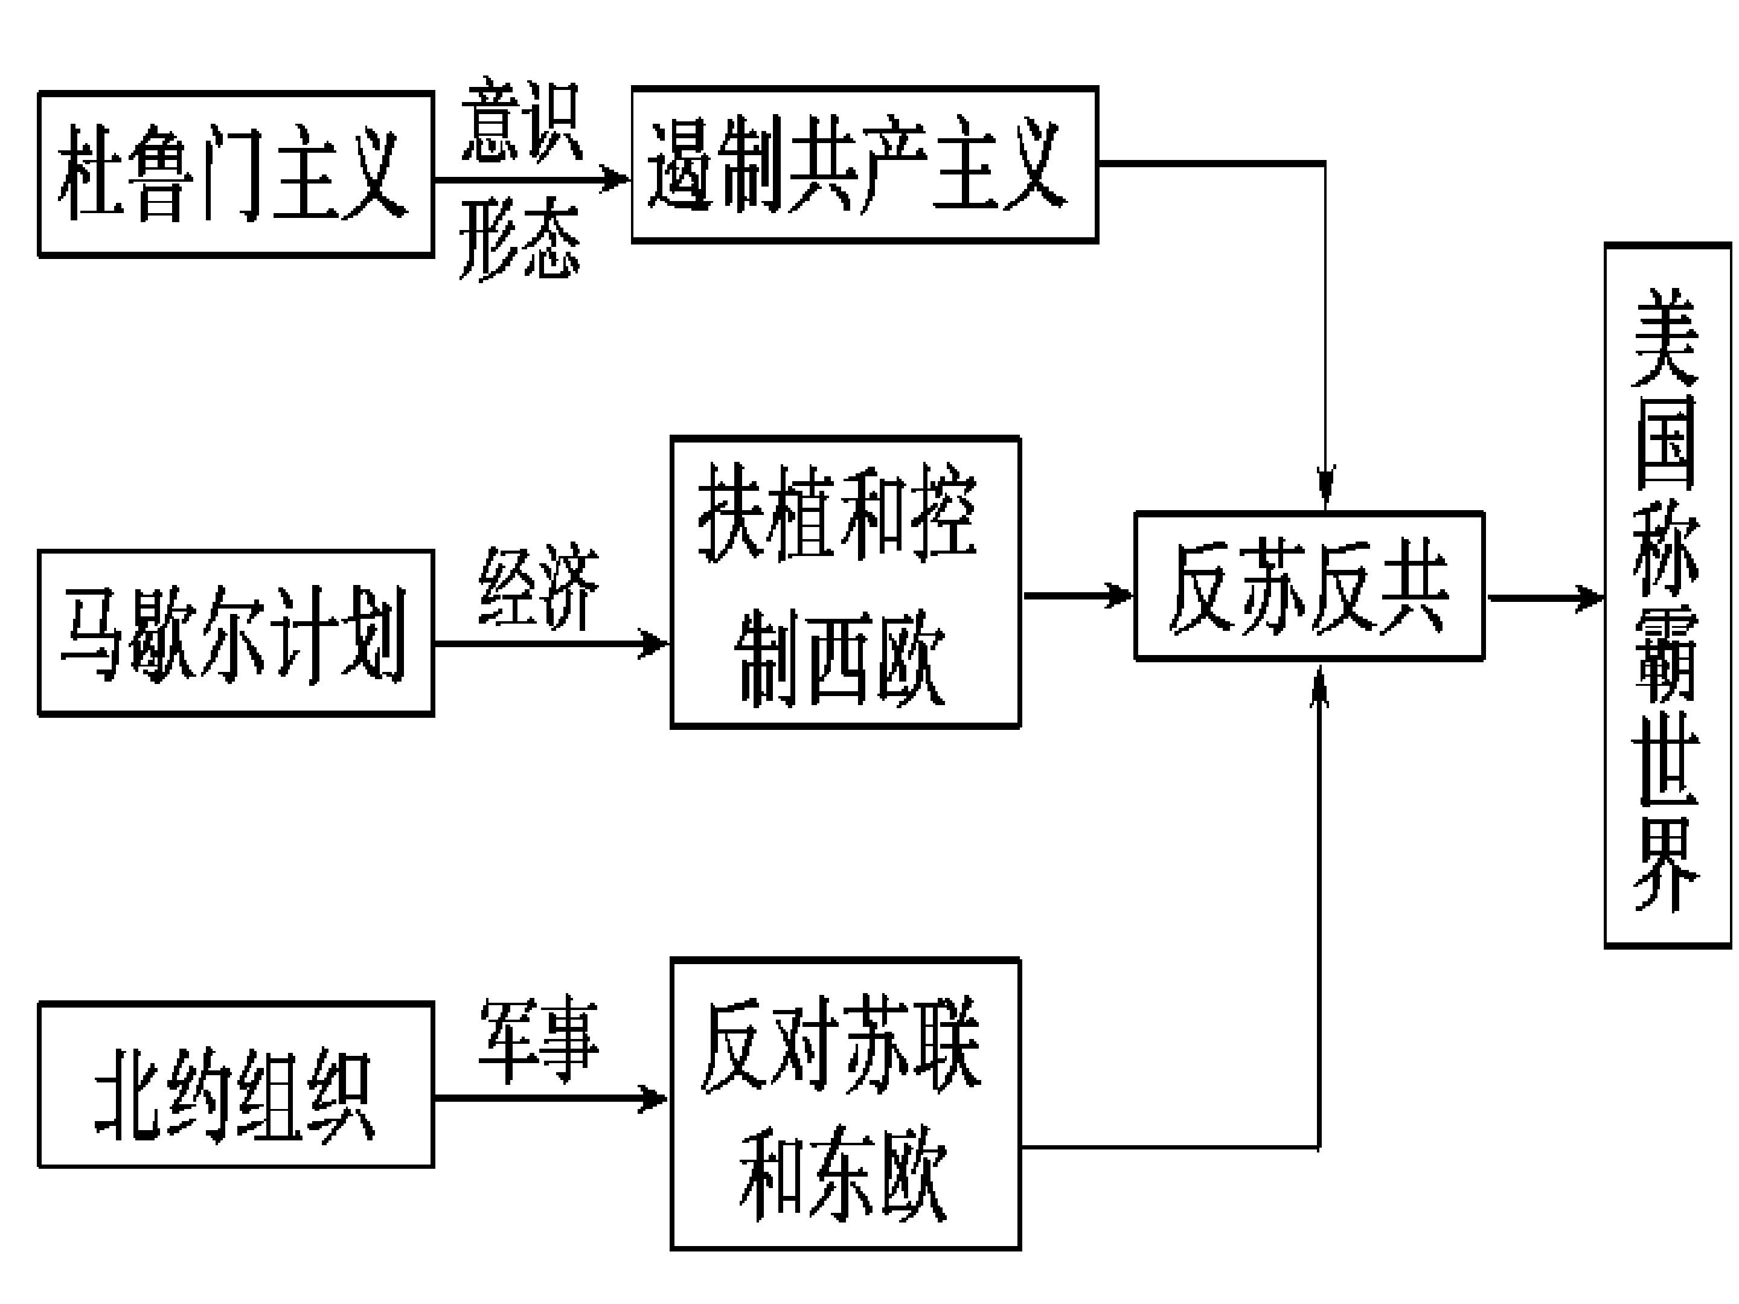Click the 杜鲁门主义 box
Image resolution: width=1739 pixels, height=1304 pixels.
pyautogui.click(x=236, y=174)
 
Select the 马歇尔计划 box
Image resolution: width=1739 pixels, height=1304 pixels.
pyautogui.click(x=236, y=633)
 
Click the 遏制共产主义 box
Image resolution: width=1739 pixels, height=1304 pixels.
pyautogui.click(x=865, y=164)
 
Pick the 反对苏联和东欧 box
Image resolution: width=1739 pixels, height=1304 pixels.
pyautogui.click(x=845, y=1104)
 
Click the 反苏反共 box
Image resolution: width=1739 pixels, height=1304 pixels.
pyautogui.click(x=1309, y=586)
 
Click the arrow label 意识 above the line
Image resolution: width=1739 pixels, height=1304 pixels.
pyautogui.click(x=521, y=120)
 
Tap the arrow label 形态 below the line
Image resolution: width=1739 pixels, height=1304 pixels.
pyautogui.click(x=520, y=237)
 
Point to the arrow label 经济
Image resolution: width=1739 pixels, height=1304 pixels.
pyautogui.click(x=539, y=586)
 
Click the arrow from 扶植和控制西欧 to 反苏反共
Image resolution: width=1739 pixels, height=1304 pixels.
pyautogui.click(x=1077, y=595)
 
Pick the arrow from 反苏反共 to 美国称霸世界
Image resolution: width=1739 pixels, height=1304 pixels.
pyautogui.click(x=1544, y=598)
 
